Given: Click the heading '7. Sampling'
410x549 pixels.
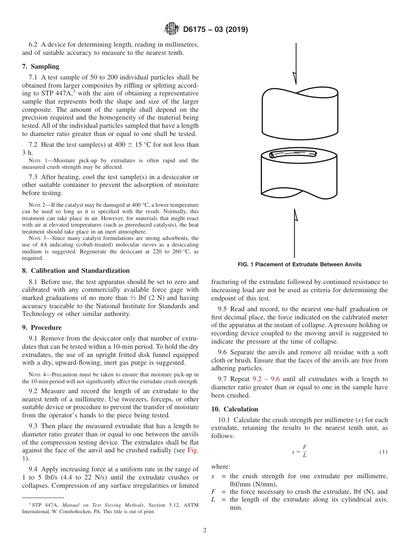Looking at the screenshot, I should point(41,66).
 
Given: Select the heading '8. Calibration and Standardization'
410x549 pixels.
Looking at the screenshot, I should point(76,271).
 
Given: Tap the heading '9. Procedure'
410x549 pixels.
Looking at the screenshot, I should point(42,328).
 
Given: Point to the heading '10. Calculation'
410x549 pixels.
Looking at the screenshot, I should point(234,409).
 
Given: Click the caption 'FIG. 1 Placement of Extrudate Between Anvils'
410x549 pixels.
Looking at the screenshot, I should point(300,265).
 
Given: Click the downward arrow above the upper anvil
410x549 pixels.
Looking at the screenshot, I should point(295,65).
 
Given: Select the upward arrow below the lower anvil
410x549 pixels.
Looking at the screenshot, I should point(295,233).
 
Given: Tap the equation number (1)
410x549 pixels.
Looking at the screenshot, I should point(383,452).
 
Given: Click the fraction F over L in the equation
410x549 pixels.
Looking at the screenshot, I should point(305,451).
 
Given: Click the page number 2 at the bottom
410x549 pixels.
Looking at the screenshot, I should point(205,530).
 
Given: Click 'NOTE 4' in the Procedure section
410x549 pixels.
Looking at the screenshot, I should point(38,374).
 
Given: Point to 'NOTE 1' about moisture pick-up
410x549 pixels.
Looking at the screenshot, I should point(38,161).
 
